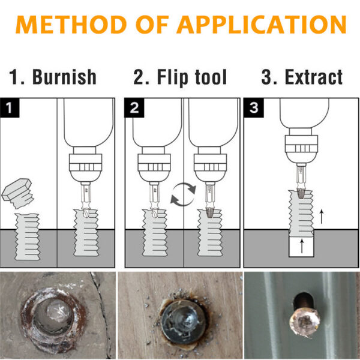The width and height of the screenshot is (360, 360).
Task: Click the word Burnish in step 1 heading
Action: [65, 77]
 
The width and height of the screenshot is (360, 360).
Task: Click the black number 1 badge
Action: [9, 109]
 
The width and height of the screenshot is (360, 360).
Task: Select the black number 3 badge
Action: [254, 109]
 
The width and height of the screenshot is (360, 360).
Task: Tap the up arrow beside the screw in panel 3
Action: [322, 215]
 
